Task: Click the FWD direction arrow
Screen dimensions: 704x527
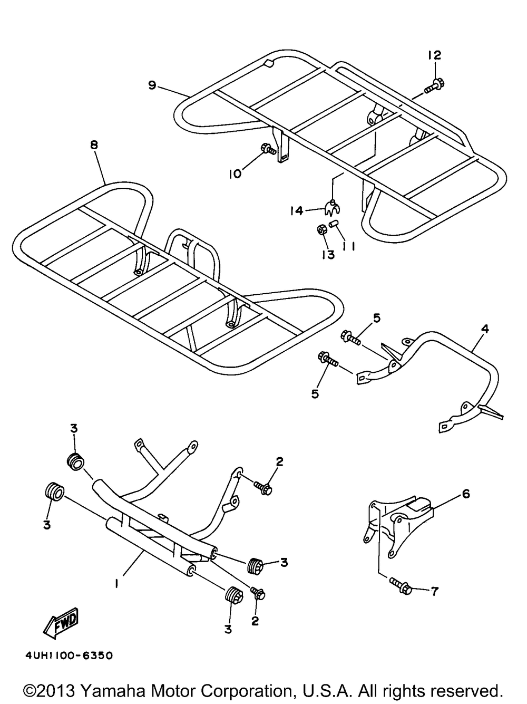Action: tap(61, 622)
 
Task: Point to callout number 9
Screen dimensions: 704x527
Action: tap(152, 85)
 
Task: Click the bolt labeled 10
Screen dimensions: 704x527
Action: tap(268, 149)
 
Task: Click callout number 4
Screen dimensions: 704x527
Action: tap(485, 330)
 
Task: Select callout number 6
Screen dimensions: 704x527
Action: tap(466, 494)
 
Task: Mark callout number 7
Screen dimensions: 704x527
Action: tap(434, 591)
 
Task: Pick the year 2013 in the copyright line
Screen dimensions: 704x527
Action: tap(57, 691)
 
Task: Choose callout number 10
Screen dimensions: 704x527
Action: tap(236, 173)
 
